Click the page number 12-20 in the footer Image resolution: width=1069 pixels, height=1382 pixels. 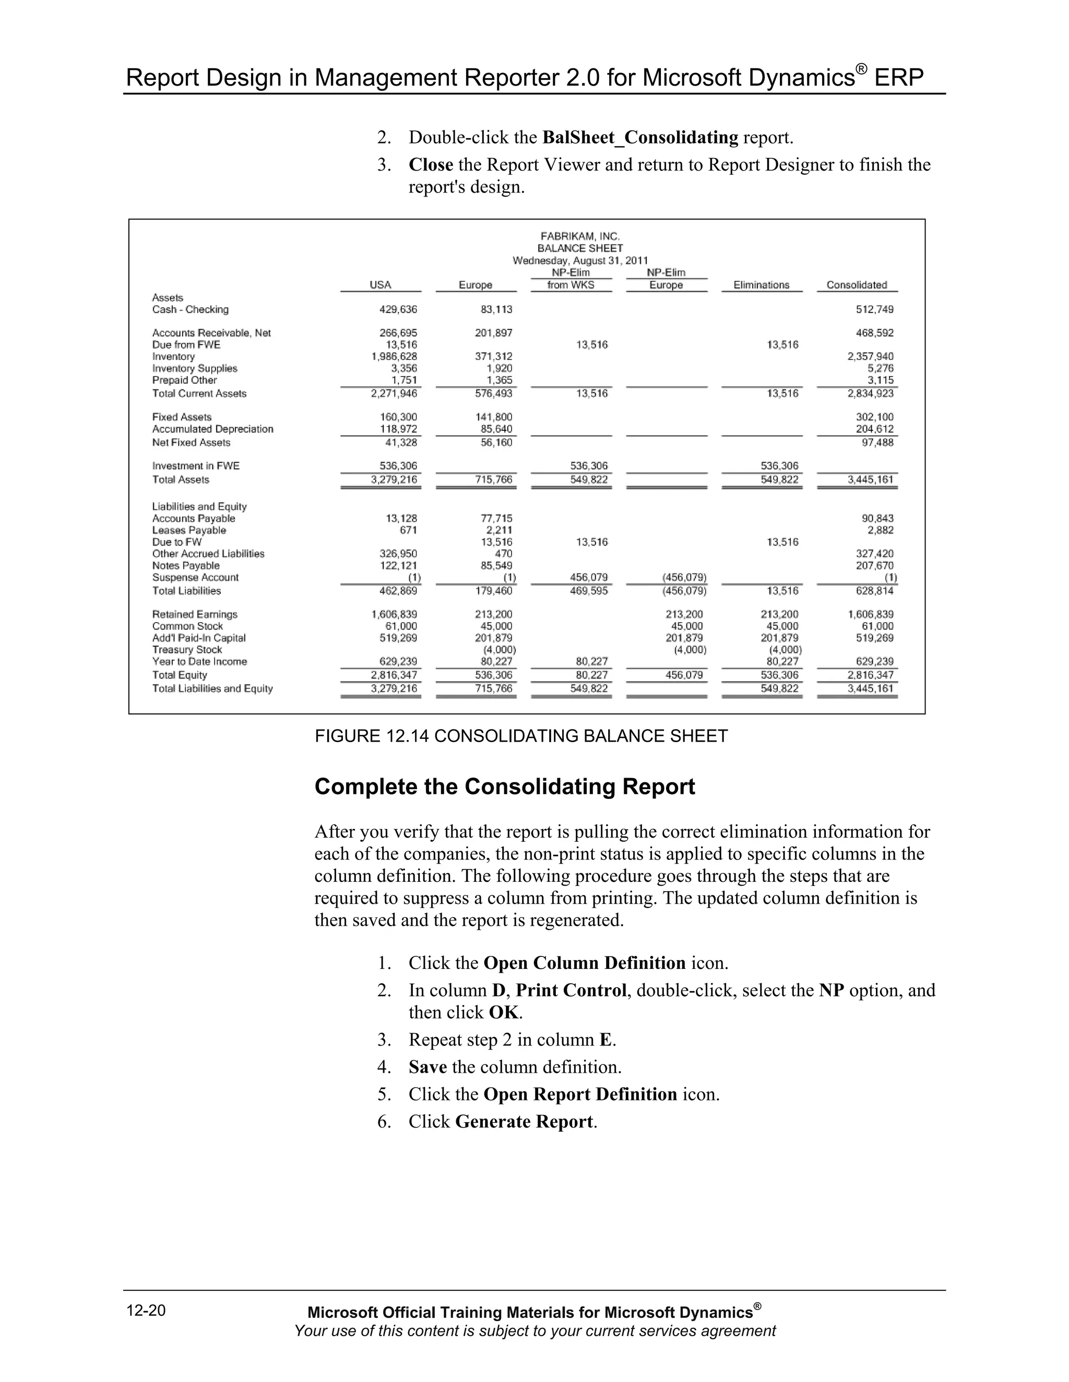[146, 1310]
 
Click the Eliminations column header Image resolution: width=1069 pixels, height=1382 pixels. [761, 285]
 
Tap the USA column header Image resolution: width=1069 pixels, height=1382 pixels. [380, 285]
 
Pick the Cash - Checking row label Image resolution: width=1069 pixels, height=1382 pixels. [190, 309]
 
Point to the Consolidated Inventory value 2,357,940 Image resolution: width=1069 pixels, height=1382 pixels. [870, 356]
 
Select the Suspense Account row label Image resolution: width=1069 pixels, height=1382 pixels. [195, 577]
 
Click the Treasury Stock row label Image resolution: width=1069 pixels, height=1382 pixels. [187, 649]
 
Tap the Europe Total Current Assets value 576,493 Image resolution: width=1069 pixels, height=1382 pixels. [493, 393]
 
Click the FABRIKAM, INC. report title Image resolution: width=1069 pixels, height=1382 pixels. [579, 236]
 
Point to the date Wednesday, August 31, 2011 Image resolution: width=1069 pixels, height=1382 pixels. [579, 260]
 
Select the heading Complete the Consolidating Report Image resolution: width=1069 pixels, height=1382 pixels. [504, 786]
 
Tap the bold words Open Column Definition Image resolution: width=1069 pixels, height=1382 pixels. [584, 963]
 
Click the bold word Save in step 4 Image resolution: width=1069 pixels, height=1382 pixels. [427, 1067]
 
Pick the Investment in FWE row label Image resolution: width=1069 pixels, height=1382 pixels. [196, 466]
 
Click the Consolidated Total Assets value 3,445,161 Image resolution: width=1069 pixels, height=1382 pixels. [870, 480]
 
